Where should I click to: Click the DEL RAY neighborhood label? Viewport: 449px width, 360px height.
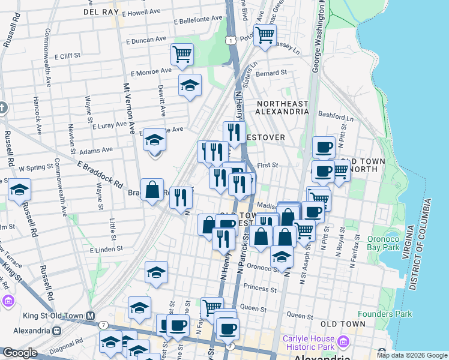[101, 11]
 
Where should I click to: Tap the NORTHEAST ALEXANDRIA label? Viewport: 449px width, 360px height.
[282, 107]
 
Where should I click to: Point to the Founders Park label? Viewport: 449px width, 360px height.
[385, 314]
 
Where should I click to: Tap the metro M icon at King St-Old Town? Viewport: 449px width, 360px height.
[90, 316]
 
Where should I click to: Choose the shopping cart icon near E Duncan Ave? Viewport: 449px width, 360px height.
[182, 55]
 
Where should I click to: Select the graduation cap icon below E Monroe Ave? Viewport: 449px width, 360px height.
[190, 85]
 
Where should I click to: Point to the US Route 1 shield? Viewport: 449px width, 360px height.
[229, 39]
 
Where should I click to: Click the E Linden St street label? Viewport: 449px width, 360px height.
[106, 248]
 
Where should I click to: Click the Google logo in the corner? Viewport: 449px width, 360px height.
[20, 353]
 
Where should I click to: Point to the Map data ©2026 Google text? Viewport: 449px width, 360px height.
[411, 355]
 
